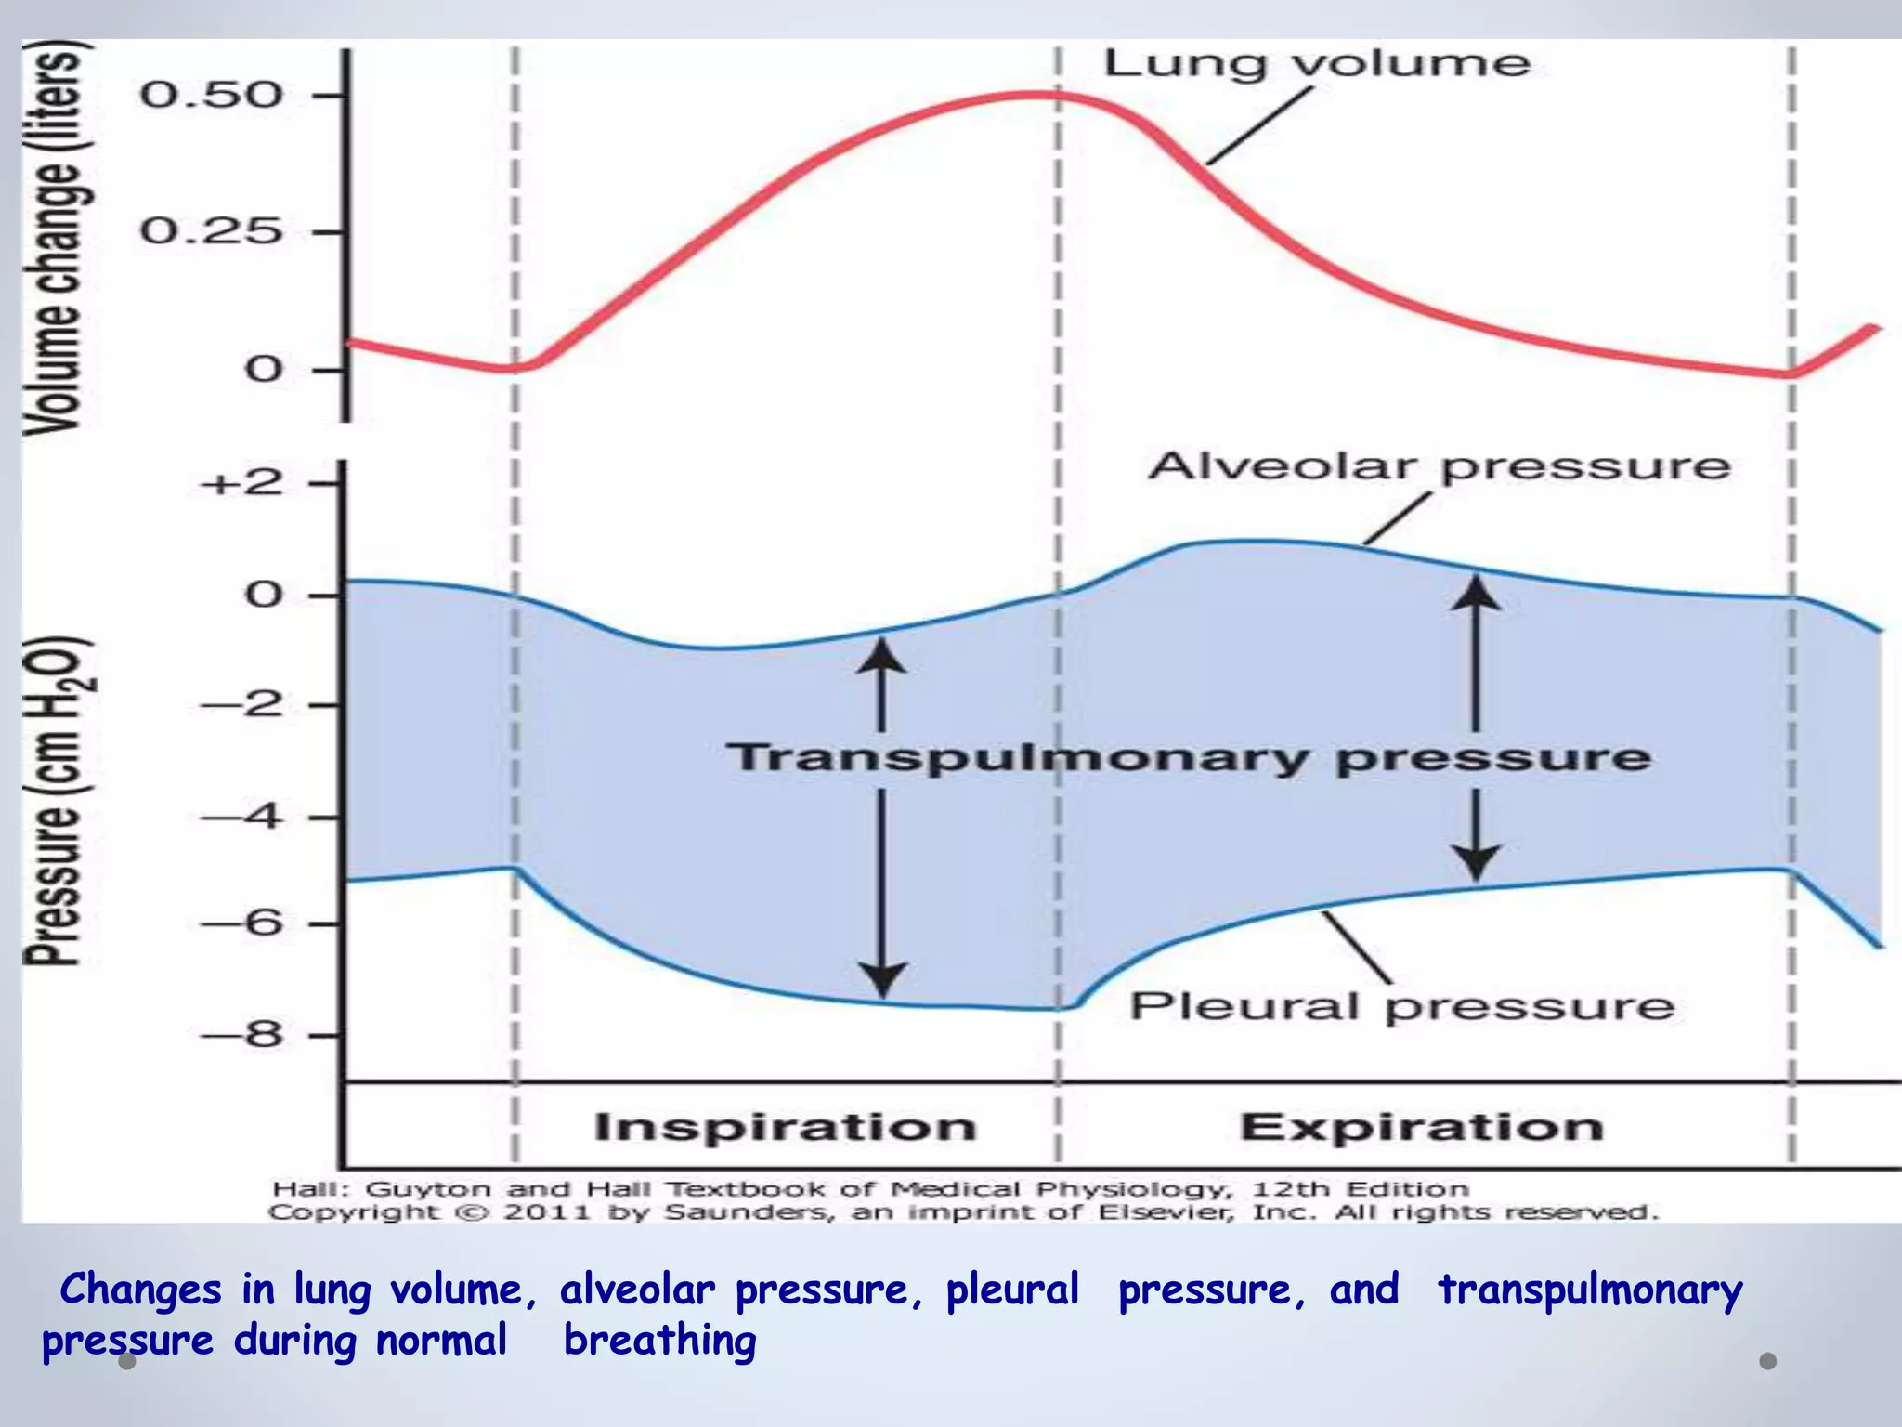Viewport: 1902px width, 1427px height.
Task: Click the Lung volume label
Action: pyautogui.click(x=1316, y=64)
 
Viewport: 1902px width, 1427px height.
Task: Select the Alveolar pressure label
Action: pyautogui.click(x=1439, y=466)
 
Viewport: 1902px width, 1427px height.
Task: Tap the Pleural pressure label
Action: pyautogui.click(x=1401, y=1007)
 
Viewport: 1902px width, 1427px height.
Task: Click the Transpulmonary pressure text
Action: pyautogui.click(x=1188, y=757)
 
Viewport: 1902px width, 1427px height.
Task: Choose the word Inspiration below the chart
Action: pyautogui.click(x=785, y=1127)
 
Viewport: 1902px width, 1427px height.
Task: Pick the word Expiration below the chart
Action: pyautogui.click(x=1422, y=1127)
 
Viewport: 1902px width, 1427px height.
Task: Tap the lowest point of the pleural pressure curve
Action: pyautogui.click(x=1059, y=1008)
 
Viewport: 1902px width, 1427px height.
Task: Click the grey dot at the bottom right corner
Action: pyautogui.click(x=1767, y=1361)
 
